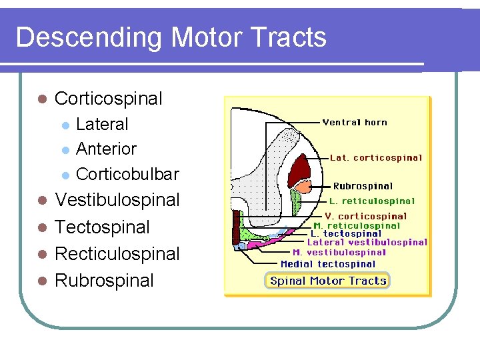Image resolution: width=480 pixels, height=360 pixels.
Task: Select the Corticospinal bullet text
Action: tap(108, 99)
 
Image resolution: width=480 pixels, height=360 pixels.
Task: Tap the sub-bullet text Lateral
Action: tap(102, 124)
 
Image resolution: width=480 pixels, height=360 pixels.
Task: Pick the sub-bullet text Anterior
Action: tap(106, 149)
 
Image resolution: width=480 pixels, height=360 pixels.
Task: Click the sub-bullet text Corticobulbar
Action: tap(127, 174)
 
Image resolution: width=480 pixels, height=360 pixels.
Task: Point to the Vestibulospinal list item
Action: tap(117, 200)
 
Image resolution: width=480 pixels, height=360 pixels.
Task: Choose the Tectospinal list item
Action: tap(102, 227)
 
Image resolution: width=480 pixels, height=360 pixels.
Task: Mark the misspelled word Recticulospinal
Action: tap(117, 254)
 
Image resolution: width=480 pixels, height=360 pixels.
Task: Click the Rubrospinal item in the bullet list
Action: tap(103, 281)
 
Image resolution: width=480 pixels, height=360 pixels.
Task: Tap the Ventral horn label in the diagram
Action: tap(354, 123)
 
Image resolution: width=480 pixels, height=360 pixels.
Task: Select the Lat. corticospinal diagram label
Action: tap(376, 158)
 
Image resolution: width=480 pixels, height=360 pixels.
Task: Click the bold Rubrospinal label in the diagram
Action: tap(363, 186)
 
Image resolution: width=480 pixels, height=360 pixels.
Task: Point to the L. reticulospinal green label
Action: tap(371, 201)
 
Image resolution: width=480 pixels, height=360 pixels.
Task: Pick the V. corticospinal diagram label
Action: tap(365, 216)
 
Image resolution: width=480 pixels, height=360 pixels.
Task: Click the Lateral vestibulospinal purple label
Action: tap(367, 243)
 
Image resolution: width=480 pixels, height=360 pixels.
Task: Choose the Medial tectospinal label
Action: tap(328, 264)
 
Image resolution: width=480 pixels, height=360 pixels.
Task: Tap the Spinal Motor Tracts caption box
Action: tap(327, 281)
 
